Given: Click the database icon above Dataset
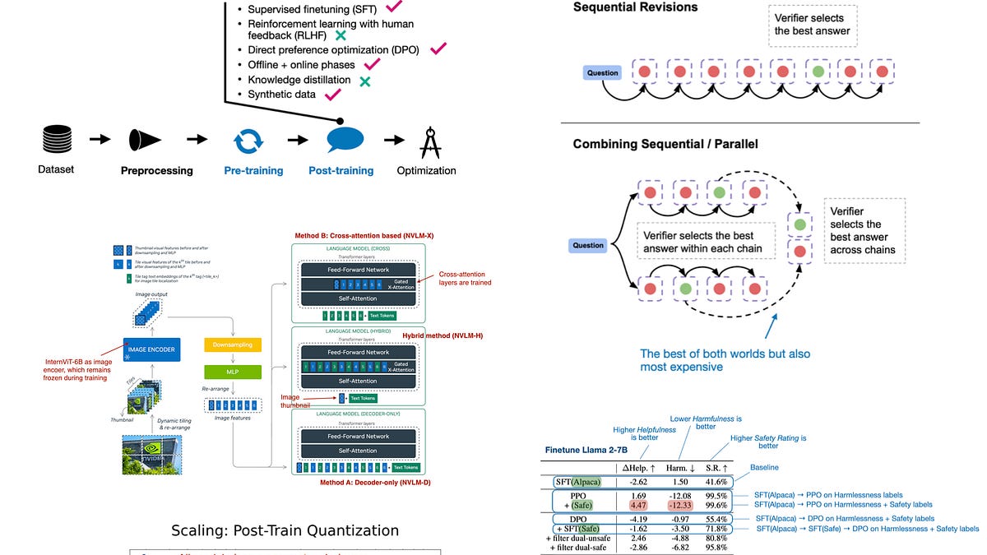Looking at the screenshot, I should [x=56, y=141].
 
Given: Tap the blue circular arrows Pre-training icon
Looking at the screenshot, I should [x=248, y=141].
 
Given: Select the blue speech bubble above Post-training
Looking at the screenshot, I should [x=345, y=140].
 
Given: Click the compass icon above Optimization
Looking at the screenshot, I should [x=429, y=141].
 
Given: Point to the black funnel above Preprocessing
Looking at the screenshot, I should [x=146, y=141].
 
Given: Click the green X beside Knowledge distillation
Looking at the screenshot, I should [x=364, y=81].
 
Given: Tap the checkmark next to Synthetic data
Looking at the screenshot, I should [x=333, y=95].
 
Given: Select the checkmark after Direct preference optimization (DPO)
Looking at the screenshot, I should [x=437, y=49].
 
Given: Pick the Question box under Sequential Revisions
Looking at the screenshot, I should [x=603, y=73].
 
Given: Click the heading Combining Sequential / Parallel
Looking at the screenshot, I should [x=665, y=145].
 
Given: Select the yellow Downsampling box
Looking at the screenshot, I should [x=232, y=345].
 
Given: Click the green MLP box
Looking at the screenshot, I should [x=232, y=372].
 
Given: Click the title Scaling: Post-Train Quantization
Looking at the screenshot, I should [x=285, y=531].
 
